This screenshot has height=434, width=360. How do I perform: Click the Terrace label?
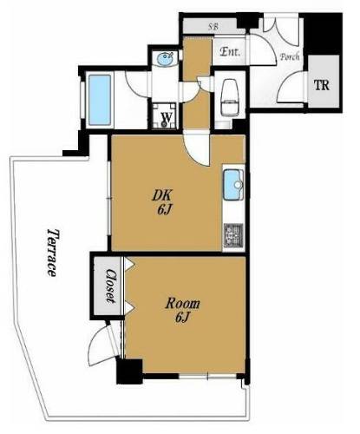52,253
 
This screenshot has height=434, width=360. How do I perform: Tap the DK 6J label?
163,202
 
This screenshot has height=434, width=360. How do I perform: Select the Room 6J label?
182,311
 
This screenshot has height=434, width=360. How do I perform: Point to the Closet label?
110,286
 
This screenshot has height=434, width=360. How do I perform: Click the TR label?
322,85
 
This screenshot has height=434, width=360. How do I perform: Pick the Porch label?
290,56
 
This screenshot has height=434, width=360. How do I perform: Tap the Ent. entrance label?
230,52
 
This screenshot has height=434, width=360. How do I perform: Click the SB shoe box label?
213,27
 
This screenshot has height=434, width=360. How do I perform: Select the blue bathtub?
100,100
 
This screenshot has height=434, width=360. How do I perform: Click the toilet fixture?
230,97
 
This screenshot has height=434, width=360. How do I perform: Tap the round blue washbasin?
165,59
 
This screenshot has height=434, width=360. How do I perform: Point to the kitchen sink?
233,185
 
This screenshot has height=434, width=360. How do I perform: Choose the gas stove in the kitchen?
233,235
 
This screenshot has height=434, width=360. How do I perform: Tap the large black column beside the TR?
324,34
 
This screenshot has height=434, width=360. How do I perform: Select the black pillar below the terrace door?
129,372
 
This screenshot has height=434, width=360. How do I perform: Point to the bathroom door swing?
136,83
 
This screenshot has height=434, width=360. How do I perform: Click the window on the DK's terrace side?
109,198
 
